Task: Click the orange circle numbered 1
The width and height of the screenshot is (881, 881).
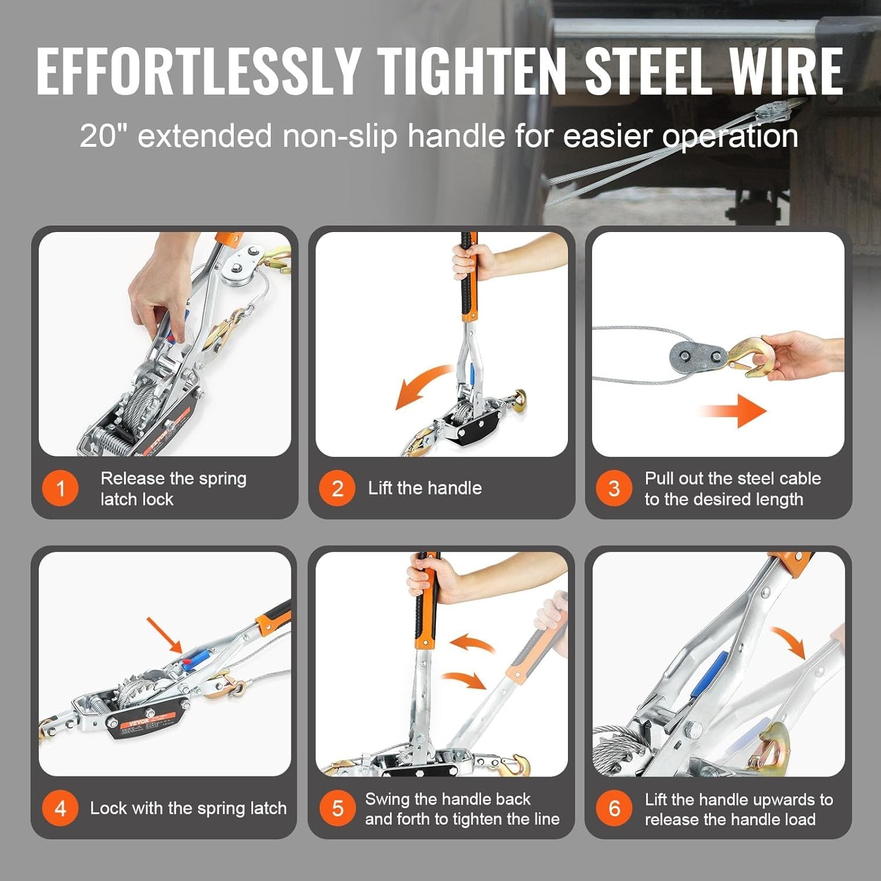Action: pyautogui.click(x=60, y=488)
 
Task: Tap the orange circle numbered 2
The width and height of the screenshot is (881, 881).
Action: pyautogui.click(x=337, y=488)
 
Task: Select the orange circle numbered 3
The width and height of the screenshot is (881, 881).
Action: pyautogui.click(x=614, y=488)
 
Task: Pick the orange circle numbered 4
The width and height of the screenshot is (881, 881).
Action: pyautogui.click(x=60, y=808)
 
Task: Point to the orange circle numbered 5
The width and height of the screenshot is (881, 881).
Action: pyautogui.click(x=337, y=808)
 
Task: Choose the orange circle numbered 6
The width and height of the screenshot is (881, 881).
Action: pyautogui.click(x=614, y=808)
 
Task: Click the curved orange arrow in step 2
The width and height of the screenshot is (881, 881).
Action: pyautogui.click(x=422, y=385)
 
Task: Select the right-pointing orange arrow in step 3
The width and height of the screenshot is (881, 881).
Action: pyautogui.click(x=734, y=411)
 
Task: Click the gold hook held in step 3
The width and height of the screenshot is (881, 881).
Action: pyautogui.click(x=749, y=356)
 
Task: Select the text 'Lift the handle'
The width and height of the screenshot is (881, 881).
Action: pyautogui.click(x=425, y=488)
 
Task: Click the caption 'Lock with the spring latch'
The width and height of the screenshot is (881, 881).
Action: pyautogui.click(x=188, y=808)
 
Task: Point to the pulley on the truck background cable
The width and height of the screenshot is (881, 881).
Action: pyautogui.click(x=781, y=113)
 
